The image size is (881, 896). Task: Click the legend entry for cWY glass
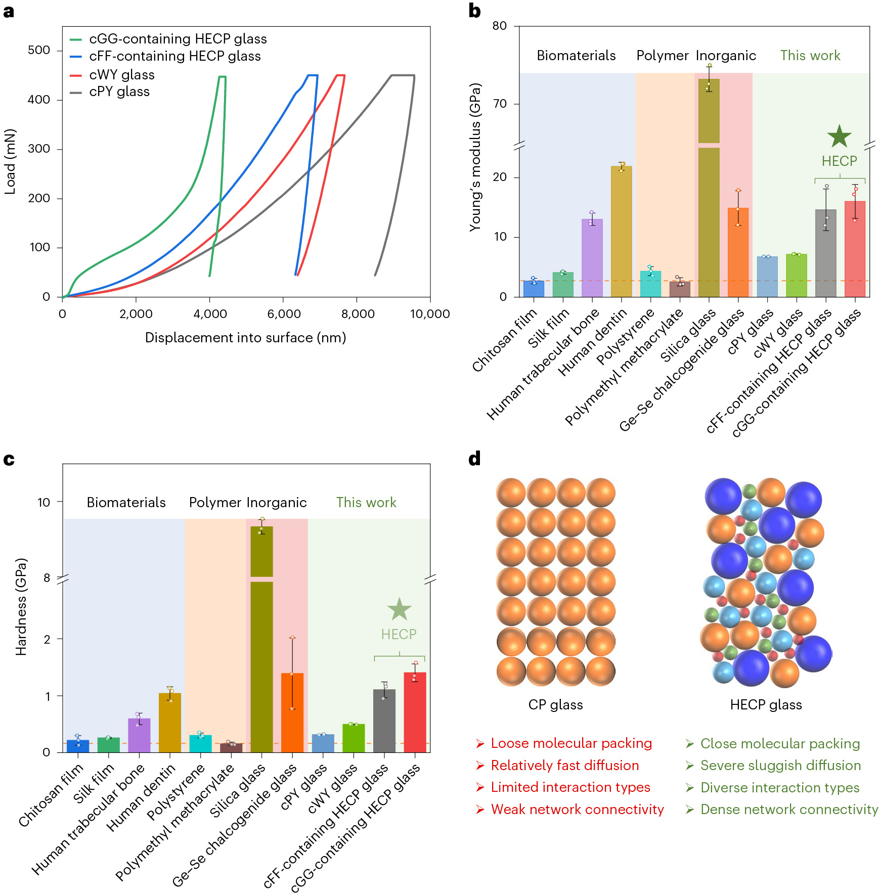click(x=121, y=75)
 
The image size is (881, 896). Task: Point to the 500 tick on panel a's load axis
click(x=39, y=50)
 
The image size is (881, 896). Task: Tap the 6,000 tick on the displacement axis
click(x=284, y=314)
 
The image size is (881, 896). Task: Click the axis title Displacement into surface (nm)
click(x=245, y=338)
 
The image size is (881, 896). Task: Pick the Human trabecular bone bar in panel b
click(x=592, y=258)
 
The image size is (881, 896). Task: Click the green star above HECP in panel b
click(x=839, y=137)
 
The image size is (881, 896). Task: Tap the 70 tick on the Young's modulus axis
click(x=500, y=104)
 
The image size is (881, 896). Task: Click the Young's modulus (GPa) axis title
click(x=475, y=157)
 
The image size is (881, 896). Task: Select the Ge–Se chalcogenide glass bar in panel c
click(x=292, y=713)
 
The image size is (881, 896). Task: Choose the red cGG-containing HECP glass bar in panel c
click(x=415, y=713)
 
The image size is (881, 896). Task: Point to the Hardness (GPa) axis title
click(x=21, y=607)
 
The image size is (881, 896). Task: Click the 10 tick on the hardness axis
click(x=44, y=502)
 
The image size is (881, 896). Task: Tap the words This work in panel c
click(x=366, y=502)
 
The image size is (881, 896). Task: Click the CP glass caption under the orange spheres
click(x=555, y=704)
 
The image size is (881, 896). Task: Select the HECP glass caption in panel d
click(x=766, y=704)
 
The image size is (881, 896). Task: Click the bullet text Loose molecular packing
click(x=571, y=743)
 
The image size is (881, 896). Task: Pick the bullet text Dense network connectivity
click(x=789, y=810)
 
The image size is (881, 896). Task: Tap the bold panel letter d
click(x=474, y=459)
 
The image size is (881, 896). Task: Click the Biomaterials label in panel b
click(x=576, y=56)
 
